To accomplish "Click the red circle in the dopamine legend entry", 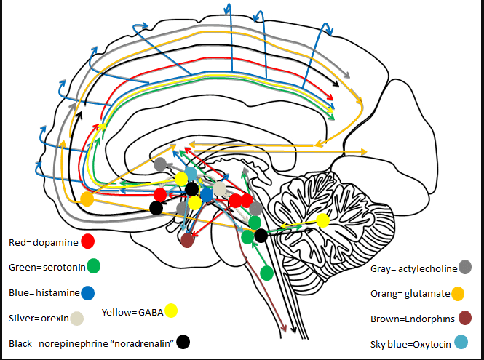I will pos(89,241).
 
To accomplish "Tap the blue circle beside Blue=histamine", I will pos(87,293).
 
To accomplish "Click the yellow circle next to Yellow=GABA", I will pos(171,311).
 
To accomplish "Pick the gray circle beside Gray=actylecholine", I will pos(464,267).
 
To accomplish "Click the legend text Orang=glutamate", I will pos(408,294).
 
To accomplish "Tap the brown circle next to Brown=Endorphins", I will pos(465,317).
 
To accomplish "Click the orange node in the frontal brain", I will pos(87,199).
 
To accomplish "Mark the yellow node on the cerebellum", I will pos(323,220).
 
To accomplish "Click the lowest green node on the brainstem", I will pos(266,273).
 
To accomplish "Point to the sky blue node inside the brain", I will pos(191,174).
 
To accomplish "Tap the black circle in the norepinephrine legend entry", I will pos(183,341).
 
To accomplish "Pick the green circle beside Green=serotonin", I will pos(92,266).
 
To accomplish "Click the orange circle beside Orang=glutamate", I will pos(458,294).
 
